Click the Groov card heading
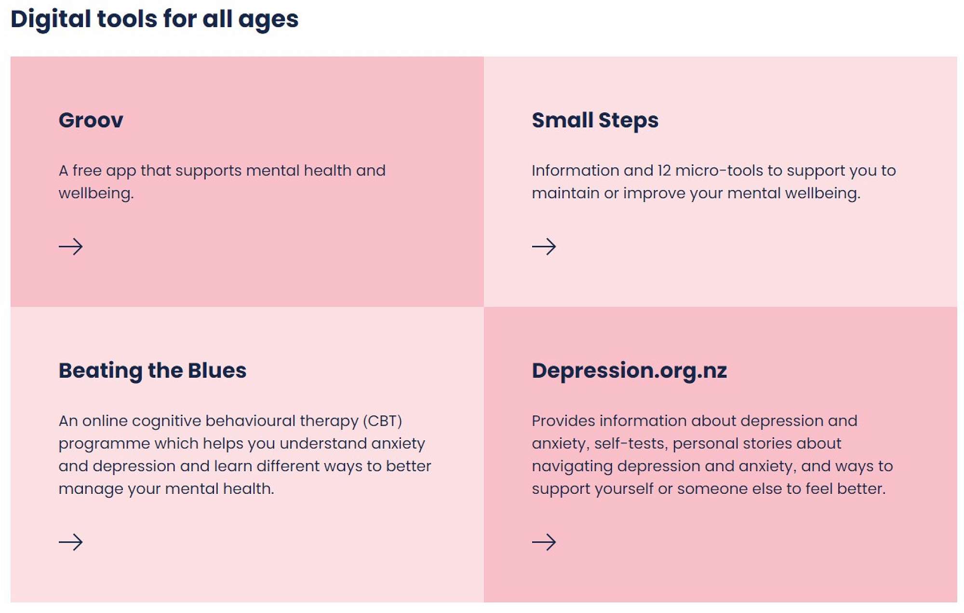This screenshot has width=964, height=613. click(x=91, y=120)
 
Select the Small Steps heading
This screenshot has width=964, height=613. click(x=595, y=121)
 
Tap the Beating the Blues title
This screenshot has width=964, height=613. click(x=152, y=371)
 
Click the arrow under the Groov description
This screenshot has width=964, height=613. click(x=70, y=246)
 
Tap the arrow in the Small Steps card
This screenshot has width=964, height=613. click(x=544, y=246)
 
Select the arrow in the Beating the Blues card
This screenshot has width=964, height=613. click(x=70, y=542)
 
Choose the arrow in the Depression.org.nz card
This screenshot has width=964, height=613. click(x=544, y=542)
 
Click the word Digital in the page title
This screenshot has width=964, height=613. click(x=51, y=20)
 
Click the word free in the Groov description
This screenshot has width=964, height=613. click(x=87, y=170)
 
